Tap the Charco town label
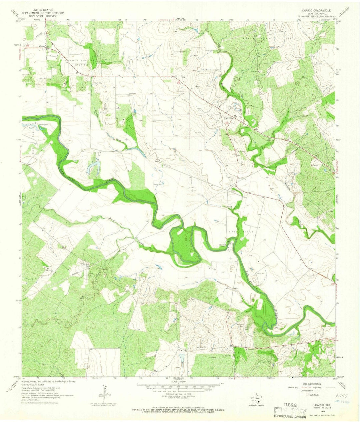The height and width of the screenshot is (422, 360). tap(41, 46)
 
